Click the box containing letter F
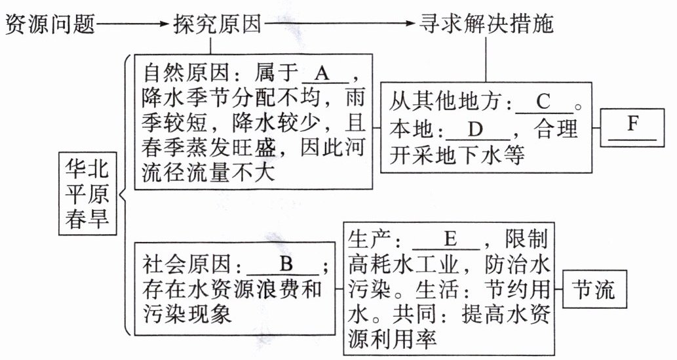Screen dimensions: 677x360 pyautogui.click(x=632, y=127)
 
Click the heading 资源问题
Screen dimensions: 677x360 pyautogui.click(x=50, y=25)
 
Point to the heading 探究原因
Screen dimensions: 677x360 pyautogui.click(x=218, y=25)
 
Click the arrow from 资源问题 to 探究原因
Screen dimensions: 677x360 pyautogui.click(x=134, y=25)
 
